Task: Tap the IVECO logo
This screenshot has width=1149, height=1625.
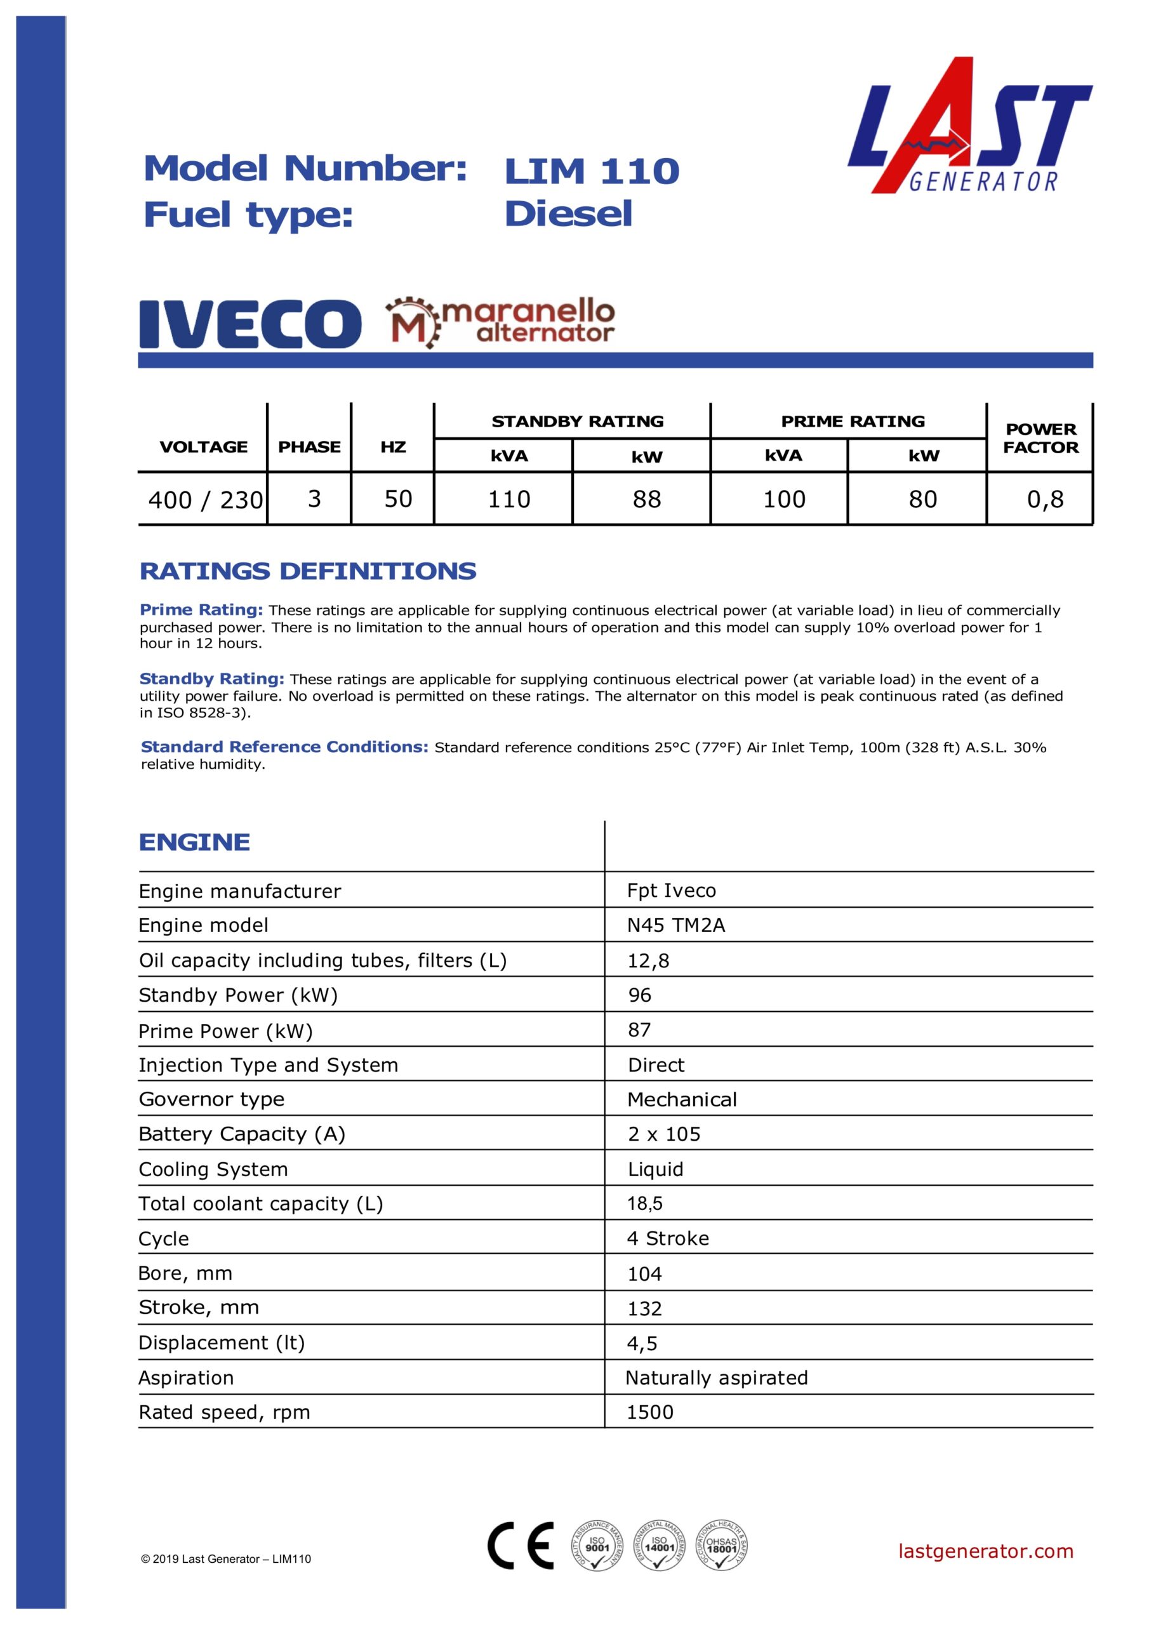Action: [x=250, y=324]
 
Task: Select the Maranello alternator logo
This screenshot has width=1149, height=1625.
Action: [x=500, y=322]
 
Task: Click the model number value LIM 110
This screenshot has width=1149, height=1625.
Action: [x=591, y=171]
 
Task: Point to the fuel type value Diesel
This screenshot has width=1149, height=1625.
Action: [x=568, y=214]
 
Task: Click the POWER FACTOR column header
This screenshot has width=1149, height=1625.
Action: [x=1040, y=438]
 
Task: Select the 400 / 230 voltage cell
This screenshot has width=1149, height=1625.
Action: [x=205, y=500]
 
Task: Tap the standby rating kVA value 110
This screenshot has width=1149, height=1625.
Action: [x=509, y=499]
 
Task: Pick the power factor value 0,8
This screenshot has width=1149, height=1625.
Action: [x=1045, y=499]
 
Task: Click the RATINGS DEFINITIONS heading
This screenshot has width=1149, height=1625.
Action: [x=308, y=571]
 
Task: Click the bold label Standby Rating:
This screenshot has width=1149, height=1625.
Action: [x=211, y=679]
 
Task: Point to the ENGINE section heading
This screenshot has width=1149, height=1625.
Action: [x=195, y=842]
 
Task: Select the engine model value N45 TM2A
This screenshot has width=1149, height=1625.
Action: [x=676, y=925]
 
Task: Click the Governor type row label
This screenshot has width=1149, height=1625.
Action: [x=211, y=1099]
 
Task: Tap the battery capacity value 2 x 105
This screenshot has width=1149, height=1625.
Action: [x=664, y=1134]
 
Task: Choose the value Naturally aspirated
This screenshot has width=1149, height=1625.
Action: [x=717, y=1377]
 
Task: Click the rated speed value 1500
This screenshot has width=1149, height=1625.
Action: [x=650, y=1412]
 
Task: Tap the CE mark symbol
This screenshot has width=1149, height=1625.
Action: [x=521, y=1546]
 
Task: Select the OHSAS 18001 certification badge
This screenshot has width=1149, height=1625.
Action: [x=721, y=1546]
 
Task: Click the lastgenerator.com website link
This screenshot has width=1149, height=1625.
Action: [x=985, y=1551]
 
